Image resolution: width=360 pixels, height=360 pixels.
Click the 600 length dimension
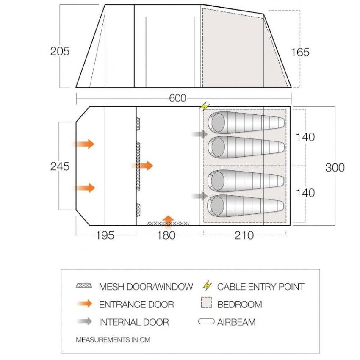(177, 98)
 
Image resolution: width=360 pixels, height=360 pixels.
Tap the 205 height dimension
(60, 52)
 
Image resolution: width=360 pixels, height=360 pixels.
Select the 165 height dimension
(300, 52)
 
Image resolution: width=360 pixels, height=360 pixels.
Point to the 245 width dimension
(60, 166)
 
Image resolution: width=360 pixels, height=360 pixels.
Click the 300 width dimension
(335, 167)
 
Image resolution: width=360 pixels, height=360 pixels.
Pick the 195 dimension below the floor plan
(105, 235)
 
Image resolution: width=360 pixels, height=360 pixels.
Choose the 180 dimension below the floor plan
(166, 235)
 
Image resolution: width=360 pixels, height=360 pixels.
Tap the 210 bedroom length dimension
(244, 235)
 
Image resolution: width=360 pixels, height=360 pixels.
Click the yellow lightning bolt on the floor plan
(205, 105)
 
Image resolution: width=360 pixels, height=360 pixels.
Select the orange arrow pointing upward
(169, 219)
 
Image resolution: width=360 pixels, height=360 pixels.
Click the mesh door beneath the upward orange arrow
(169, 223)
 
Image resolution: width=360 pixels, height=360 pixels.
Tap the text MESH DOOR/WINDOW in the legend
(146, 287)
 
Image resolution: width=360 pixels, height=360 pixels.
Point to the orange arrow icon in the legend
(84, 304)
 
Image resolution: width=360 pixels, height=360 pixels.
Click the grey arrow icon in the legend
(84, 322)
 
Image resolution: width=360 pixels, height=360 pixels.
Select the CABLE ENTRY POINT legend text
(260, 287)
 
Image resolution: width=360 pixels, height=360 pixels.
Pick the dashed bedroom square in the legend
(206, 304)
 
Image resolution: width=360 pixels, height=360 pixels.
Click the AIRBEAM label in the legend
(236, 322)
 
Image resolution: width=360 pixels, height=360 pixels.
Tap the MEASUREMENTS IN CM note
(113, 340)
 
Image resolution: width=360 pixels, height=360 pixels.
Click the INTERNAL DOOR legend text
(134, 322)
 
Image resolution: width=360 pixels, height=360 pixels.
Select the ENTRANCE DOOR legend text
(136, 304)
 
